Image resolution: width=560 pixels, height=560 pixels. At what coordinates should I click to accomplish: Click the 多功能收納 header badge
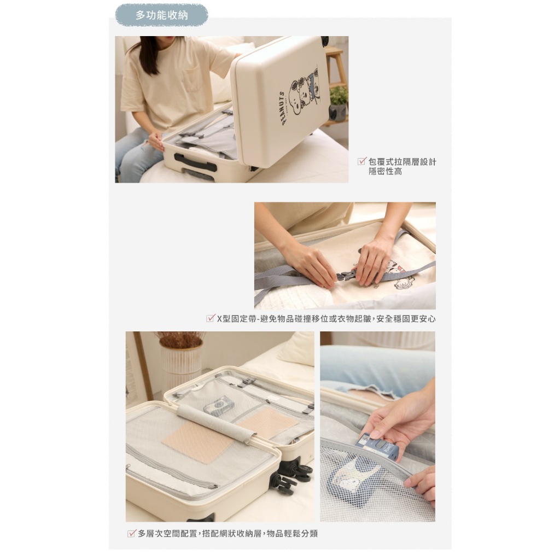tap(161, 15)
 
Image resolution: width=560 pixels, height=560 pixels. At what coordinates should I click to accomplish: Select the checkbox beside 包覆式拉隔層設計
tap(362, 161)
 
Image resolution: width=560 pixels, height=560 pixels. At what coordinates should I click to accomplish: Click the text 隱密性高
tap(386, 172)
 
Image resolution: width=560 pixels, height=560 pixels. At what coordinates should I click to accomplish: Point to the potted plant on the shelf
tap(338, 102)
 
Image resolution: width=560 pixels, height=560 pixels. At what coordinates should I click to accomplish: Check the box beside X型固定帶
tap(211, 318)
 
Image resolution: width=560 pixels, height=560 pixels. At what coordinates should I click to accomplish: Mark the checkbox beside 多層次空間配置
tap(131, 534)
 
